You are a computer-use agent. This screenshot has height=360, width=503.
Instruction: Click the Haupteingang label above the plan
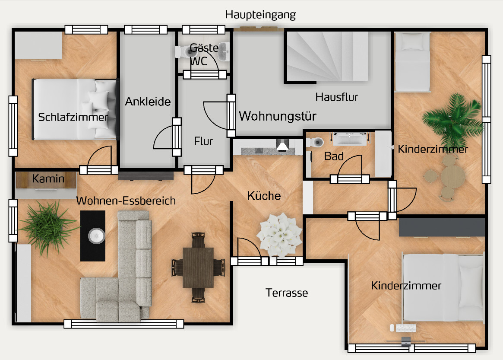tap(260, 15)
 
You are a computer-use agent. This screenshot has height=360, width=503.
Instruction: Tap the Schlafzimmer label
tap(73, 117)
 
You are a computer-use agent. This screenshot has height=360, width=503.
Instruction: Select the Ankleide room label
tap(148, 102)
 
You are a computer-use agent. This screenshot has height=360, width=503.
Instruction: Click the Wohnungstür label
tap(278, 116)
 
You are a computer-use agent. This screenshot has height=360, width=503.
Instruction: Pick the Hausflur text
tap(336, 97)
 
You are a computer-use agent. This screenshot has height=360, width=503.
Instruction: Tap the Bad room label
tap(334, 156)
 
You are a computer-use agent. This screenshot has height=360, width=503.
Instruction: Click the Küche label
tap(264, 196)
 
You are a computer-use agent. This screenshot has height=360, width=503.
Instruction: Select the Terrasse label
tap(286, 293)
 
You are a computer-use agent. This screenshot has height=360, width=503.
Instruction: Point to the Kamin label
tap(48, 178)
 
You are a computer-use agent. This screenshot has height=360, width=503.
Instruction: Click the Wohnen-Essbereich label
tap(126, 201)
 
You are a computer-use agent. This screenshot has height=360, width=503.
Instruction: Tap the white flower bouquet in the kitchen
tap(279, 235)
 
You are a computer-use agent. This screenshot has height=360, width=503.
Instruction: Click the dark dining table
tap(198, 268)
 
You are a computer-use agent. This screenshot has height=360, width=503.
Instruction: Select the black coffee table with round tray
tap(93, 236)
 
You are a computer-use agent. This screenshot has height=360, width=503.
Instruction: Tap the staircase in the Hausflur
tap(327, 56)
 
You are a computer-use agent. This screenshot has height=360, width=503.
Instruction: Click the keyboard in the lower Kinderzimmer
tap(406, 328)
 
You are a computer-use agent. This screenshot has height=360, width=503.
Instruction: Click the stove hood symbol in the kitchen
tap(282, 146)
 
